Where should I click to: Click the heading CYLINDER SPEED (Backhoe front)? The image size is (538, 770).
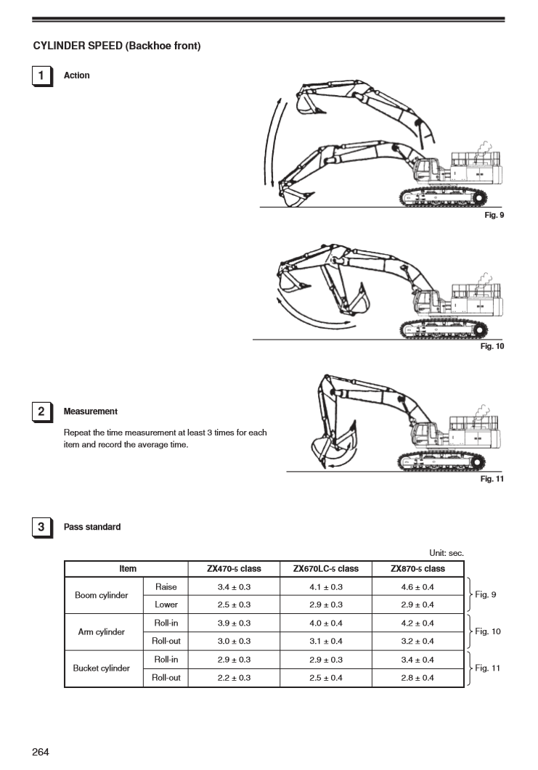(x=117, y=46)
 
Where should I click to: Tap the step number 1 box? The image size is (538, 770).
(x=41, y=75)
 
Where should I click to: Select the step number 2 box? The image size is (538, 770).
(x=41, y=411)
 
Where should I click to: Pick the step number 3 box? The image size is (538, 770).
(x=41, y=527)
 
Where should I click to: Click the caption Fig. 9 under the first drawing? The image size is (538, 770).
(x=494, y=216)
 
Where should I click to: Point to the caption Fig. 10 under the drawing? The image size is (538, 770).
(x=492, y=346)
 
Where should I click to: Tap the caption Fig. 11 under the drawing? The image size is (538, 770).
(x=492, y=479)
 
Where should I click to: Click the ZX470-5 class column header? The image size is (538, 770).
(x=234, y=569)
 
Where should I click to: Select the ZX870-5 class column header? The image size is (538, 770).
(x=417, y=569)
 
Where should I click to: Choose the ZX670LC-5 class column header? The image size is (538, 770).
(x=325, y=569)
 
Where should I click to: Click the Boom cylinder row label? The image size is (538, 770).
(x=102, y=596)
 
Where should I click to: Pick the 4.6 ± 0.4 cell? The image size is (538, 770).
(x=417, y=586)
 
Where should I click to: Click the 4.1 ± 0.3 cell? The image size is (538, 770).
(x=325, y=586)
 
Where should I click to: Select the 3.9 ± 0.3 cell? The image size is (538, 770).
(x=234, y=623)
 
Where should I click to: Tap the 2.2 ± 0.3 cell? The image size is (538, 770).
(x=234, y=678)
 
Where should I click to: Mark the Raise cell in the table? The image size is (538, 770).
(x=166, y=586)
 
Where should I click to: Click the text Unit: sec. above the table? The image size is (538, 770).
(x=447, y=553)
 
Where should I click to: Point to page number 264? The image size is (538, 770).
(x=41, y=752)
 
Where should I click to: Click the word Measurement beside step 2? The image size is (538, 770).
(x=91, y=411)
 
